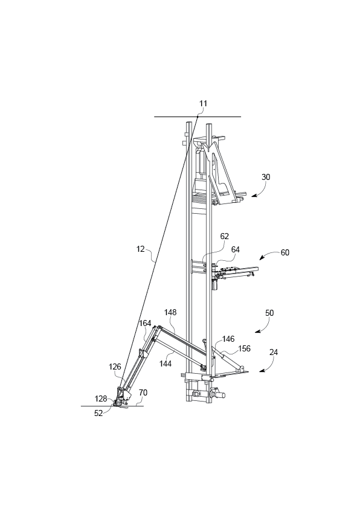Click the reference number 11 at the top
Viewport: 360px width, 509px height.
(203, 103)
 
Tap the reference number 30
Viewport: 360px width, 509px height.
(266, 178)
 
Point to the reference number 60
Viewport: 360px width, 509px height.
(284, 252)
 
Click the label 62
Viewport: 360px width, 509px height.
(225, 237)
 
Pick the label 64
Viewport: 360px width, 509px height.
(235, 249)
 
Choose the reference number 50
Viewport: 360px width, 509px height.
(269, 313)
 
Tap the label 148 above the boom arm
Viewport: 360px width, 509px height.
(170, 312)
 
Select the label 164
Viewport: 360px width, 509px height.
(145, 323)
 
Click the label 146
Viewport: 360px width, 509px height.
(228, 339)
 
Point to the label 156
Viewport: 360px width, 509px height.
(244, 348)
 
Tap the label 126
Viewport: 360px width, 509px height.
(115, 366)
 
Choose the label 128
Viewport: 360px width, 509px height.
(101, 399)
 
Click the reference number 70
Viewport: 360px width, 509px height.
(143, 392)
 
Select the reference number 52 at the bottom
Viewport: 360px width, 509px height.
(98, 412)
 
